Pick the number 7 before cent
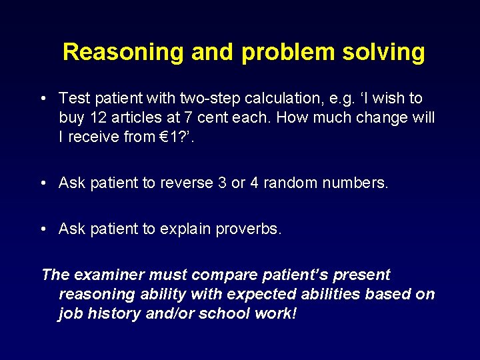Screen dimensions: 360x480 tap(185, 118)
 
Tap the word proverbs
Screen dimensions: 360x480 tap(248, 229)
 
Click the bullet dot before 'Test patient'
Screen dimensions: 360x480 tap(43, 99)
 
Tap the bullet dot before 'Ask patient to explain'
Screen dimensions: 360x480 tap(43, 229)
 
